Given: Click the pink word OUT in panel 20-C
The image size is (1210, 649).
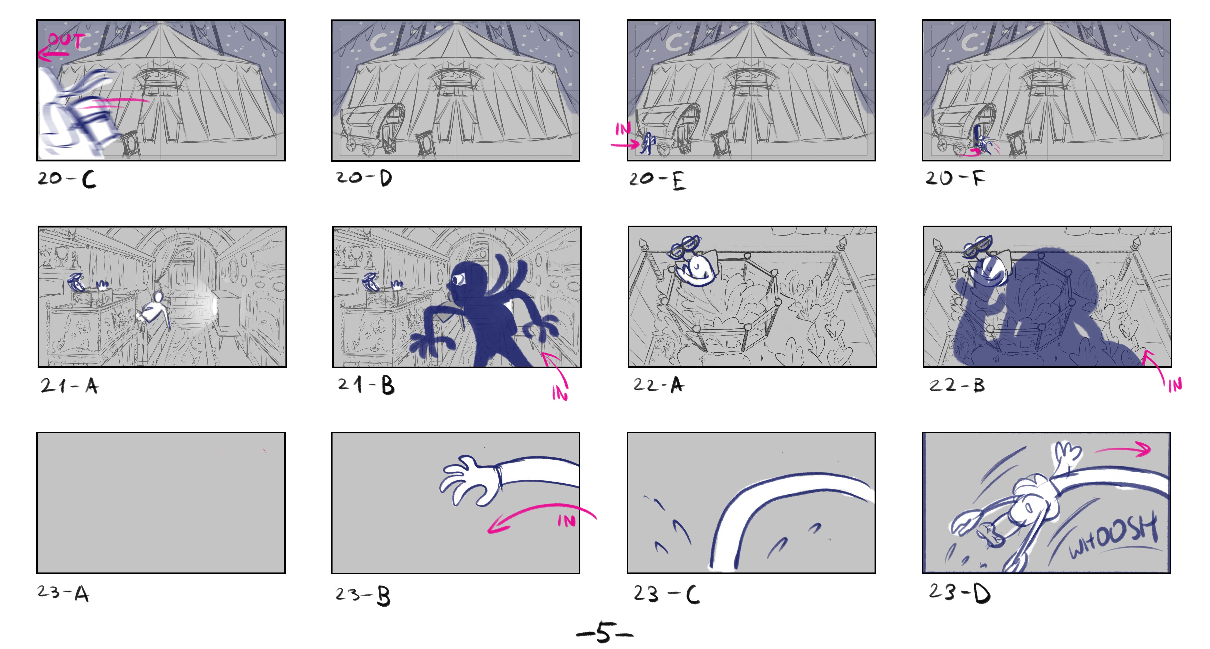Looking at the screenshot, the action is [67, 40].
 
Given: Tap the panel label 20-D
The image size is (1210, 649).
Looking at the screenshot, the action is [364, 178].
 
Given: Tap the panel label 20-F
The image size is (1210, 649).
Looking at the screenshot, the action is [955, 178].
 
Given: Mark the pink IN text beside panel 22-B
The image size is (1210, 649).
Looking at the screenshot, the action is [1175, 385].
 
